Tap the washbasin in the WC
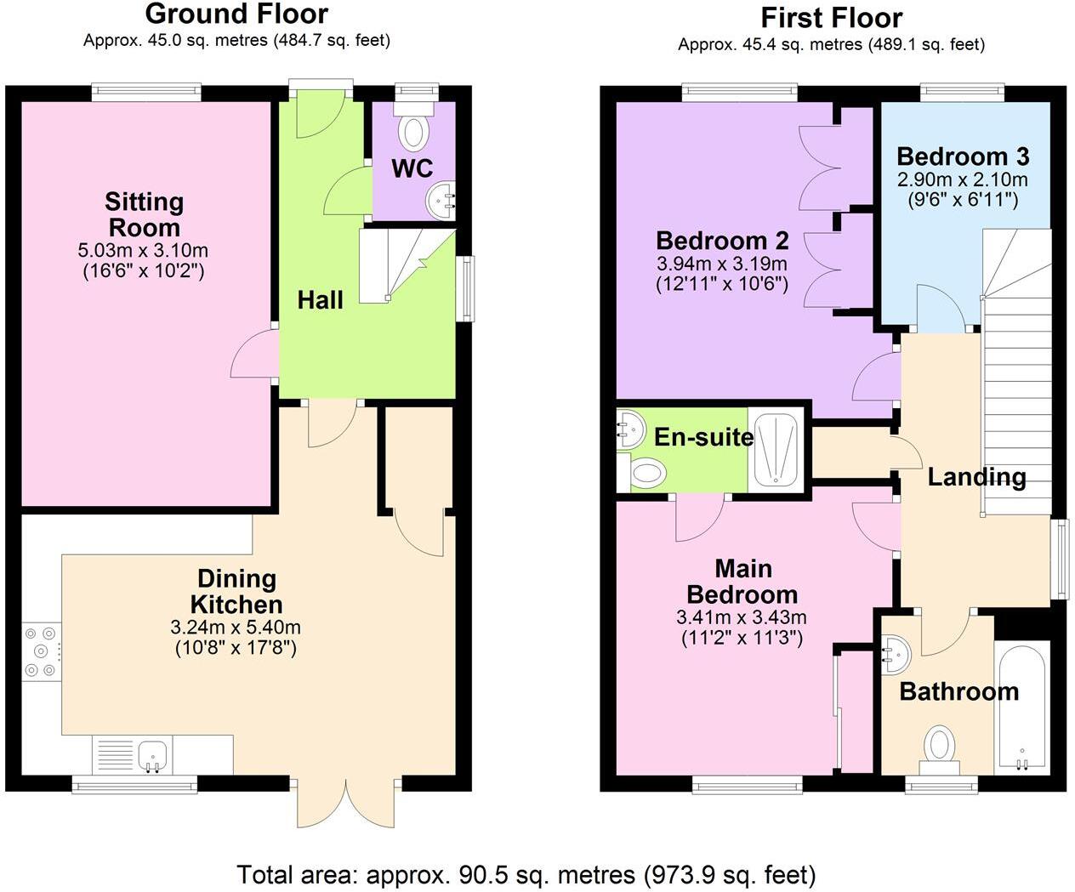tap(441, 201)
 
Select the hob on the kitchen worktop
tap(41, 651)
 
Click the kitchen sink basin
tap(152, 755)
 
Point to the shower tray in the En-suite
tap(776, 449)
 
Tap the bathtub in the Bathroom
tap(1021, 707)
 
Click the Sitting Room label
tap(145, 214)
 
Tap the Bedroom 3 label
tap(963, 156)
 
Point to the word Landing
tap(976, 477)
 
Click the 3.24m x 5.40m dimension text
tap(236, 628)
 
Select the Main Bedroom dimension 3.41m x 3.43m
tap(742, 616)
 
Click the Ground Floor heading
tap(236, 14)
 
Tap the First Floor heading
tap(832, 18)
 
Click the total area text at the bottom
tap(526, 874)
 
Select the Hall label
tap(320, 300)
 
